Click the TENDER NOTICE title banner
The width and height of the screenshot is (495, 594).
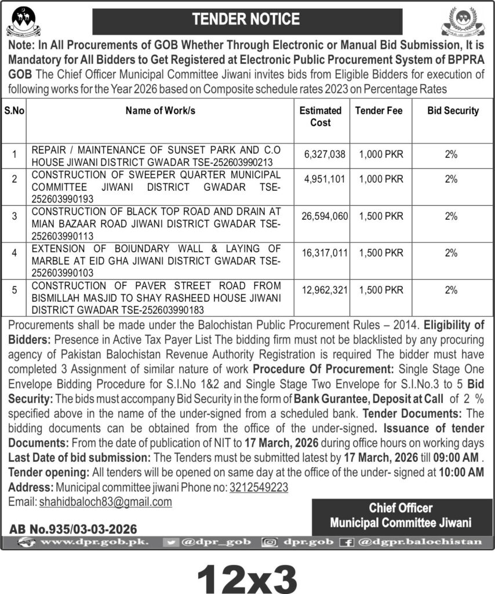pyautogui.click(x=247, y=21)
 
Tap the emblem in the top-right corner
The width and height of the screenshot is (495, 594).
pyautogui.click(x=463, y=22)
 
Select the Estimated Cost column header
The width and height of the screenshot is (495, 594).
pyautogui.click(x=320, y=116)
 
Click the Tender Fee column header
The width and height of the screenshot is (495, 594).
pyautogui.click(x=378, y=110)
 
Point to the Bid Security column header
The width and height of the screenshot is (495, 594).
pyautogui.click(x=453, y=110)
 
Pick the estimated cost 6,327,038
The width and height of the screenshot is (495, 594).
pyautogui.click(x=324, y=154)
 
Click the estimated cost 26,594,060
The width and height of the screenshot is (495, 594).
pyautogui.click(x=324, y=216)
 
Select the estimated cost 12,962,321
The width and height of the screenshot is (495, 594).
pyautogui.click(x=324, y=289)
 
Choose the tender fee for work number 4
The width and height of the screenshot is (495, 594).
pyautogui.click(x=381, y=253)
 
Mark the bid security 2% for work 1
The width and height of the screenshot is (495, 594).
pyautogui.click(x=452, y=154)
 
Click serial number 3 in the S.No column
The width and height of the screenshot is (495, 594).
pyautogui.click(x=14, y=216)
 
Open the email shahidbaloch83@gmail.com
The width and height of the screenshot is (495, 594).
pyautogui.click(x=105, y=502)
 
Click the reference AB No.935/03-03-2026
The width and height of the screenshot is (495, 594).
pyautogui.click(x=73, y=529)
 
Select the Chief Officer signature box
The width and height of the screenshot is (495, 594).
pyautogui.click(x=401, y=515)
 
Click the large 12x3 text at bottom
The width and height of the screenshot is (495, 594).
pyautogui.click(x=247, y=577)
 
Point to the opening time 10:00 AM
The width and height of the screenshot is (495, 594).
pyautogui.click(x=461, y=473)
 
